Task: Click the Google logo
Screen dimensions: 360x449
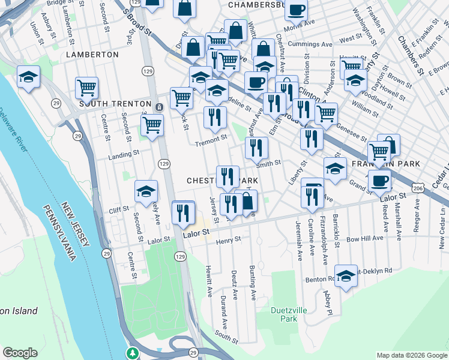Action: (20, 353)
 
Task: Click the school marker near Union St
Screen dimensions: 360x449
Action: (28, 77)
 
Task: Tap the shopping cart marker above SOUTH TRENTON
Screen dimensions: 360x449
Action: (86, 88)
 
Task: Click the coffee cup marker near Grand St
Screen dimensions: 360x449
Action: (379, 180)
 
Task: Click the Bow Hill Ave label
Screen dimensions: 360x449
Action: (364, 238)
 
